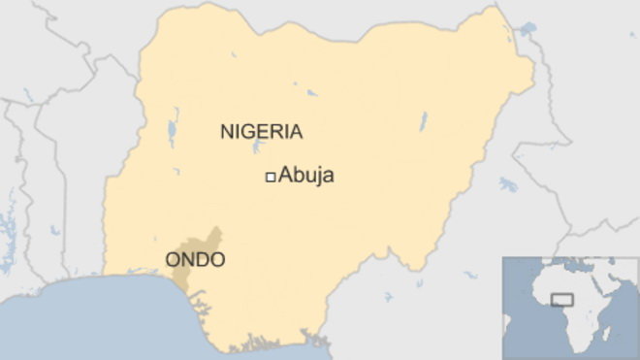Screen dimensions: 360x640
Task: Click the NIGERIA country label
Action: (x=261, y=131)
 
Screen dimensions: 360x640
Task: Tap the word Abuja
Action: (x=306, y=176)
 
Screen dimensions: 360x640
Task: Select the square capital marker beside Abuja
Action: (x=271, y=176)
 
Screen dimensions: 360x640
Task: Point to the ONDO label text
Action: (x=195, y=259)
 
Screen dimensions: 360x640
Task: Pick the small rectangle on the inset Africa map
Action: (x=561, y=300)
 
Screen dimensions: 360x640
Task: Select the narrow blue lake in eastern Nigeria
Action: (x=424, y=122)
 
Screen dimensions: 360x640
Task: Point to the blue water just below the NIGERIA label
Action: (x=257, y=149)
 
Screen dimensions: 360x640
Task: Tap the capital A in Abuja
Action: (x=285, y=176)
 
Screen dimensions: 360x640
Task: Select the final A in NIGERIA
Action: (x=295, y=131)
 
